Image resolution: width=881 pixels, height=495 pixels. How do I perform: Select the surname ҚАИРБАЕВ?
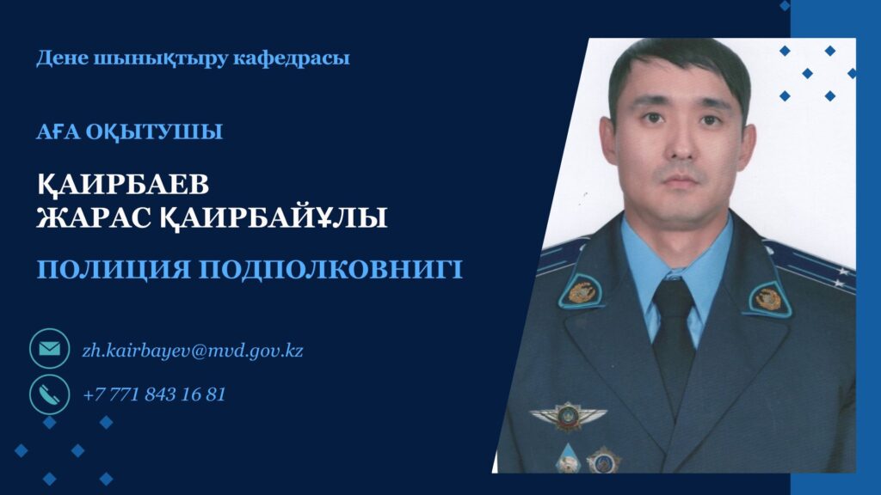tap(123, 185)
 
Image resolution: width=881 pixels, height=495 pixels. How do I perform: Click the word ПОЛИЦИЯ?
tap(114, 269)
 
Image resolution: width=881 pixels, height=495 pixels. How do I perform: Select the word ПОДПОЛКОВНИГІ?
tap(331, 269)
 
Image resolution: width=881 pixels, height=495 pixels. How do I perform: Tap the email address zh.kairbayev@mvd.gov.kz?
tap(193, 351)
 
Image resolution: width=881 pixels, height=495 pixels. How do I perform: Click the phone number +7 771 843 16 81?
tap(154, 394)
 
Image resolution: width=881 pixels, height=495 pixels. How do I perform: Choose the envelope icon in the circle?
tap(49, 349)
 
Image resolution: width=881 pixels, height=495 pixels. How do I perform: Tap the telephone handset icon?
tap(49, 394)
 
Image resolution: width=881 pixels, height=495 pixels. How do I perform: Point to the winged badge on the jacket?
tap(568, 416)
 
